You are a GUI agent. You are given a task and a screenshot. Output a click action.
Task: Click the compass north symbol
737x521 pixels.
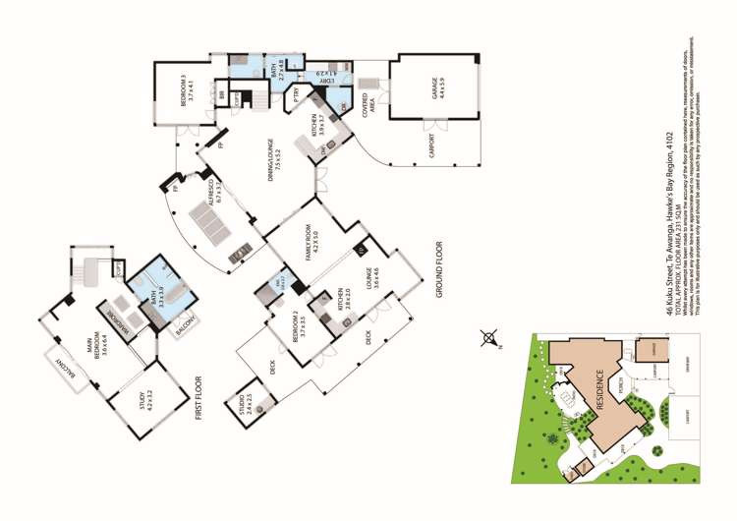(489, 340)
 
